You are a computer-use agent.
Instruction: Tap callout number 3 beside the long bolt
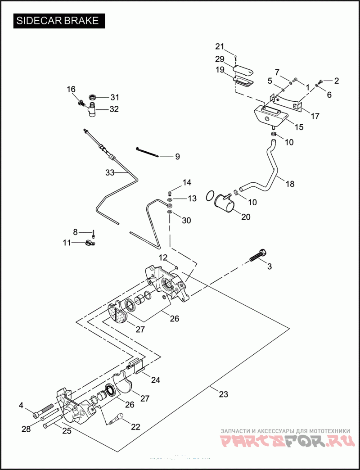click(270, 267)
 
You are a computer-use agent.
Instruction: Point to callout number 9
click(177, 157)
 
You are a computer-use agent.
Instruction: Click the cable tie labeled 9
click(147, 152)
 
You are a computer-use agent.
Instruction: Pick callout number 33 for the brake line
click(110, 172)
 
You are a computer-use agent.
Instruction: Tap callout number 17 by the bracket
click(315, 116)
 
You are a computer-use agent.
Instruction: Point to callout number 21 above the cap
click(219, 46)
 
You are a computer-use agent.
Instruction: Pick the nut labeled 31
click(93, 97)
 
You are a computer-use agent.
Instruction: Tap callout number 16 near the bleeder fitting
click(71, 89)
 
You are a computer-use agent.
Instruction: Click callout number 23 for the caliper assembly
click(224, 394)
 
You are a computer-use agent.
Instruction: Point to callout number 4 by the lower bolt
click(21, 406)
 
